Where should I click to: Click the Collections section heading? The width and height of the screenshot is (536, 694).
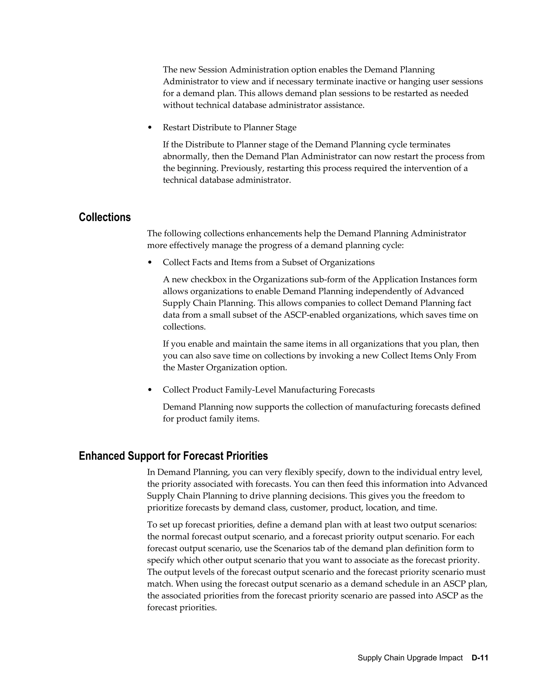click(x=104, y=217)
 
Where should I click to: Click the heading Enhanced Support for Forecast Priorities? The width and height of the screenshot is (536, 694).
click(x=173, y=456)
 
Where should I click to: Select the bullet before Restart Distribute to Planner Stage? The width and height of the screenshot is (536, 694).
click(x=150, y=128)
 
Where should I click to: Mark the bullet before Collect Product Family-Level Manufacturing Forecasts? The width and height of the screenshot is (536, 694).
click(x=150, y=390)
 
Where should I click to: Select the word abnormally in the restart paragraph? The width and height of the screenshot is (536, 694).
click(x=185, y=157)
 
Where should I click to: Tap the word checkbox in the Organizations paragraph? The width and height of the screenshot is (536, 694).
click(x=208, y=280)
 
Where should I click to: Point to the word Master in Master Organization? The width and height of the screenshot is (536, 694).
click(x=190, y=368)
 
